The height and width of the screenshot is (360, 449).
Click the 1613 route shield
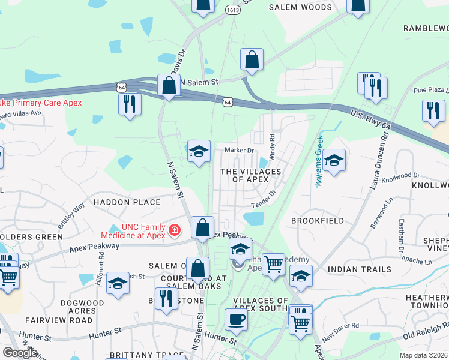(234, 10)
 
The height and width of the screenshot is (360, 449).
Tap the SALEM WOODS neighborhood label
(300, 8)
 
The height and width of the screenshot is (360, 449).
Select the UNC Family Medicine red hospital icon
(175, 230)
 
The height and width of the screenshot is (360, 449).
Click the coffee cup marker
(236, 319)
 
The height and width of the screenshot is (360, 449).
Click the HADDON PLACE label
(127, 202)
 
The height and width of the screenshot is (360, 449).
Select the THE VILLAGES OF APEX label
(251, 175)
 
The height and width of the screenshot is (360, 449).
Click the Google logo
(20, 352)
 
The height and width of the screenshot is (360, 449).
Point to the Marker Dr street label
(239, 150)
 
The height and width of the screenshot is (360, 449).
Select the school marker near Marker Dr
(199, 151)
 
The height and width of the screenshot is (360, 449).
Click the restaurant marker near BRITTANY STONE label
(164, 298)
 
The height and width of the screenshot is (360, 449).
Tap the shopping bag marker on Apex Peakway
(203, 227)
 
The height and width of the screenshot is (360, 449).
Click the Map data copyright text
(423, 355)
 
